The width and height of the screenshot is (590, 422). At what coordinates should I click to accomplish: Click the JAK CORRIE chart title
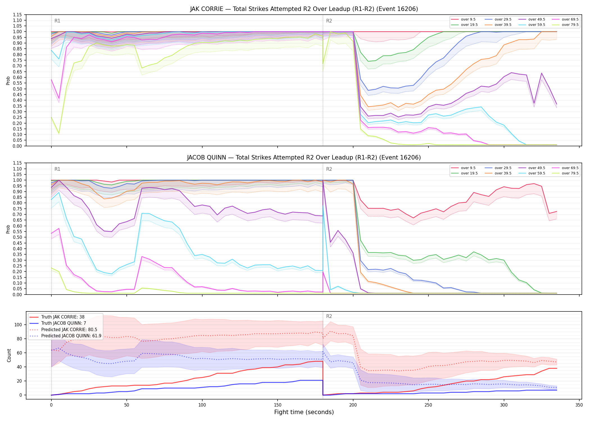pos(304,9)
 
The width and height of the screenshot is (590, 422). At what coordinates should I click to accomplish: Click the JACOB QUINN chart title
pos(304,158)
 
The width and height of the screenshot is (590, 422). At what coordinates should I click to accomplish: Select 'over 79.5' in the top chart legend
pos(570,25)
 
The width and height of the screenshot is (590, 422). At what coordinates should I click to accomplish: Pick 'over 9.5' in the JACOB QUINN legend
pos(468,168)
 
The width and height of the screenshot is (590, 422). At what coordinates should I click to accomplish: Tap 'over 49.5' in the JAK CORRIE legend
pos(537,19)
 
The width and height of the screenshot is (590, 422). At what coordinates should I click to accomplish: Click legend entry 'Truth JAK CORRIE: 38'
pos(63,317)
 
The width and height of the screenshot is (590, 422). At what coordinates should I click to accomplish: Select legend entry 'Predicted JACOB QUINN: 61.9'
pos(71,336)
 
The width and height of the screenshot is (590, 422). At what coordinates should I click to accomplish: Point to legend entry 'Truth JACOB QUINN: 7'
pos(63,323)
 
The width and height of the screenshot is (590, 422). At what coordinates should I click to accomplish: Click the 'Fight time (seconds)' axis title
pos(304,412)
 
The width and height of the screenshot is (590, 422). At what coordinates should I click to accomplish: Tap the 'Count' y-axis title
pos(9,355)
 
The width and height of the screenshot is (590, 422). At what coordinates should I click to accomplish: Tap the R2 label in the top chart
pos(329,21)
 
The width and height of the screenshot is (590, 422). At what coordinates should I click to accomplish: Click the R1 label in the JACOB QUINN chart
pos(57,169)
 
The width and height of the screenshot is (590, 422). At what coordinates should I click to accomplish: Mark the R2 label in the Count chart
pos(329,316)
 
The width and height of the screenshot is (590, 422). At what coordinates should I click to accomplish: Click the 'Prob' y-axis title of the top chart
pos(8,80)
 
